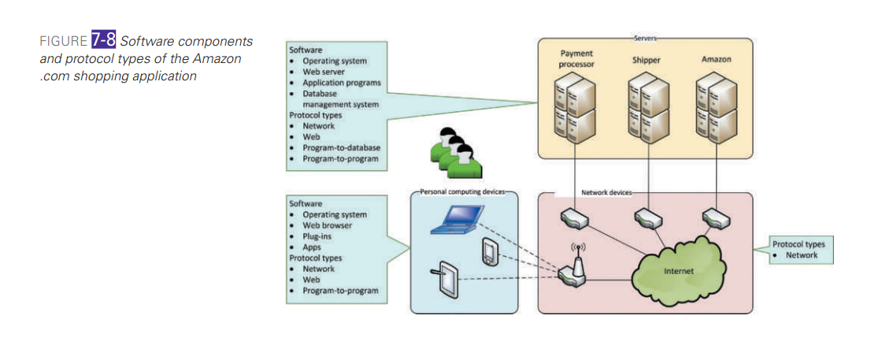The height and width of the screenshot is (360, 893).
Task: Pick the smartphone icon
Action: [x=490, y=252]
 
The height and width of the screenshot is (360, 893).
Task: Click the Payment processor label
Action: [x=576, y=59]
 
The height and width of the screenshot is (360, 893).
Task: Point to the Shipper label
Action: [x=646, y=60]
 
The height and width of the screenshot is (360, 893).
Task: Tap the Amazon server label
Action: [x=715, y=59]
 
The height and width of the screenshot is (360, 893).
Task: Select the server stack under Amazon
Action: [x=716, y=106]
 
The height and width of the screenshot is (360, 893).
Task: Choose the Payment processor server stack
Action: [x=575, y=107]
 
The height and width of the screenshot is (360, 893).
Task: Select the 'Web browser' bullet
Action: [x=327, y=225]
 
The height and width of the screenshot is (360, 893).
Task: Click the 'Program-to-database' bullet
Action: [x=341, y=148]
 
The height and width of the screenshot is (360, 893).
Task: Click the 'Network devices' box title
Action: [x=606, y=191]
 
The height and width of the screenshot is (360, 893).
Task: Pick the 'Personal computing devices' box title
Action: [x=462, y=191]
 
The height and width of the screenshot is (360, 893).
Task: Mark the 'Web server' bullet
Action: [x=324, y=72]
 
